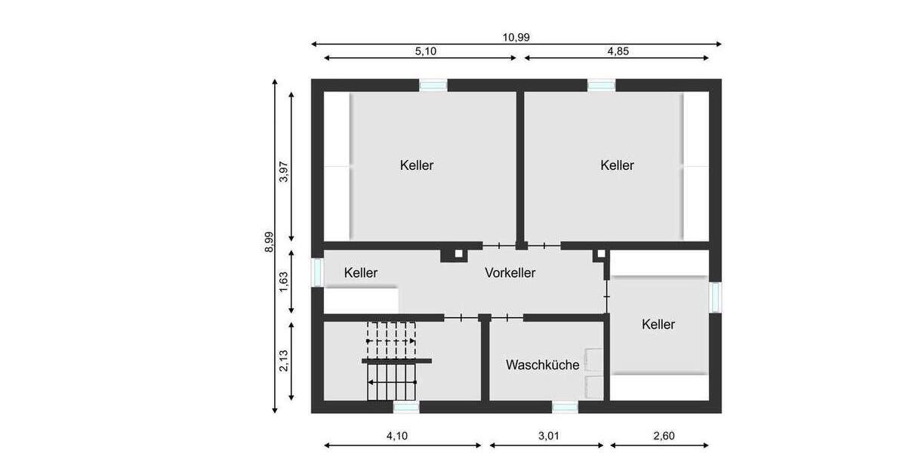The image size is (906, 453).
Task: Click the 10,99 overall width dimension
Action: point(517,38)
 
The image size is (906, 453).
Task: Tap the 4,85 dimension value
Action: point(618,51)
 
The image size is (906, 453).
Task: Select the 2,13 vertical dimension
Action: point(284,359)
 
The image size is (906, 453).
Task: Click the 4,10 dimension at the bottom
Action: point(399,436)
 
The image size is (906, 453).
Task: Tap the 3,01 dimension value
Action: point(548,436)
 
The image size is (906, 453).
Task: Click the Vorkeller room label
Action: point(510,273)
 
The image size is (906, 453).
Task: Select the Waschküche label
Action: point(543,365)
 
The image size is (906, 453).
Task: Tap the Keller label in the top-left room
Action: point(417,165)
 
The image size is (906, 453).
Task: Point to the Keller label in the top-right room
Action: point(618,165)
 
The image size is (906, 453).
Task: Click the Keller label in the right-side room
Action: point(658,325)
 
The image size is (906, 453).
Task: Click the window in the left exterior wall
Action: point(318,272)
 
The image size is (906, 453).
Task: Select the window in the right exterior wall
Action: point(715,297)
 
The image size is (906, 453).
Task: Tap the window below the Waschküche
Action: point(565,407)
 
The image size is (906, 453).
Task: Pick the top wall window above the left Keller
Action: point(433,85)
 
